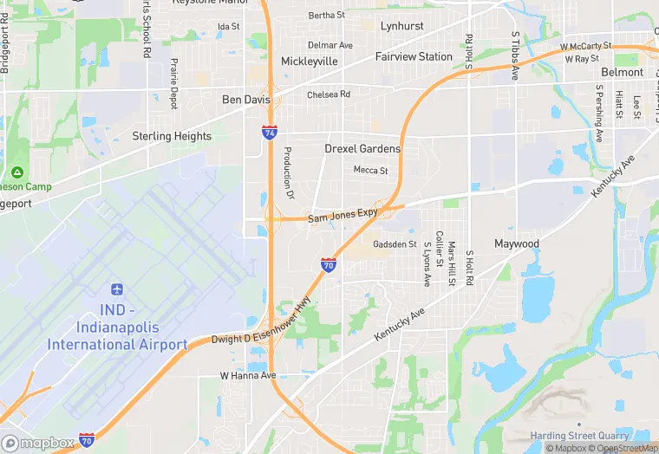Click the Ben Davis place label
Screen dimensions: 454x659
pos(246,100)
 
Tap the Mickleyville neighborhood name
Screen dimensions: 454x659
pos(310,62)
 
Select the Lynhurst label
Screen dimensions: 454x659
pos(401,26)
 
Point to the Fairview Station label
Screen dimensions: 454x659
pos(414,56)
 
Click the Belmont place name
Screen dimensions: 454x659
pos(622,73)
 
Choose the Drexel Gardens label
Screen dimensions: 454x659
pos(362,149)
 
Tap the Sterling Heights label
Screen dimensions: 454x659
pos(172,136)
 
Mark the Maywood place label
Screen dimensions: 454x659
pos(517,243)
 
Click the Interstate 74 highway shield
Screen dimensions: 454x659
pos(271,133)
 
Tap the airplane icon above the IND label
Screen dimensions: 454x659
pos(118,289)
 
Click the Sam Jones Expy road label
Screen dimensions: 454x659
pos(343,214)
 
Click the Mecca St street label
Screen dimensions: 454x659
pos(370,171)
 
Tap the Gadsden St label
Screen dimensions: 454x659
pos(395,244)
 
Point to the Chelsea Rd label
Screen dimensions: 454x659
pos(329,94)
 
